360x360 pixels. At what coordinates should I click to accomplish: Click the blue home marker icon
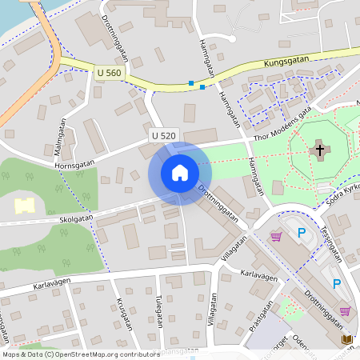[180, 173]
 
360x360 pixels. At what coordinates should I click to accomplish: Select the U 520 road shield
[163, 136]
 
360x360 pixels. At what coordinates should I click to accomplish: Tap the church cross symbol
[320, 149]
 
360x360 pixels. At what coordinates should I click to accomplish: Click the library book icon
[347, 339]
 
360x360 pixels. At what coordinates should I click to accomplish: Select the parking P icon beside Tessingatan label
[302, 234]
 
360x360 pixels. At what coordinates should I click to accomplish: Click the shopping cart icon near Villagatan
[277, 236]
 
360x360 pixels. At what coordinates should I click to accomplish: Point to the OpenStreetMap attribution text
[80, 354]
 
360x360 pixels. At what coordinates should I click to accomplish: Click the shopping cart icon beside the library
[345, 311]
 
